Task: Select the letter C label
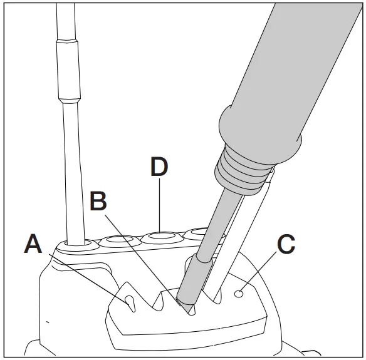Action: tap(285, 244)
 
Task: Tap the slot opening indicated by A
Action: tap(130, 301)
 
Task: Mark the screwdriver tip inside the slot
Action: tap(185, 306)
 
